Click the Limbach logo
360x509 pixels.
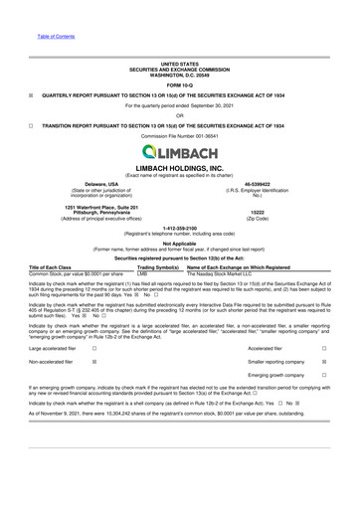pyautogui.click(x=180, y=152)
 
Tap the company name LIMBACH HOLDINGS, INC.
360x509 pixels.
pyautogui.click(x=180, y=169)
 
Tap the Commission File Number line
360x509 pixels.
pyautogui.click(x=180, y=140)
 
